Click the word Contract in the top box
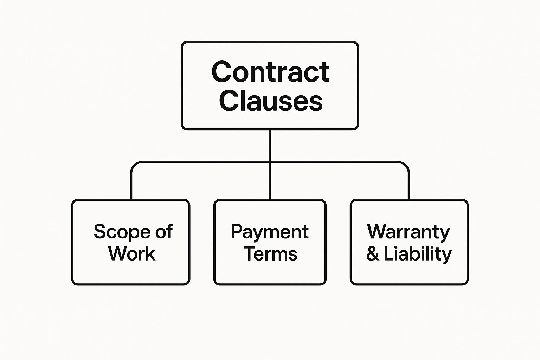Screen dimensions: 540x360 (270, 72)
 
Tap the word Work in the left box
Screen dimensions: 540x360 (132, 253)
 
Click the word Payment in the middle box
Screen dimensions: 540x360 (270, 232)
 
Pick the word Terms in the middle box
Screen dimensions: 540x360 (271, 253)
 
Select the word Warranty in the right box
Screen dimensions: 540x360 (409, 232)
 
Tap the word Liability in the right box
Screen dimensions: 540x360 (418, 255)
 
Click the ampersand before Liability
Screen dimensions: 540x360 (373, 254)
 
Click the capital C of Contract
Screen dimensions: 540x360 (221, 72)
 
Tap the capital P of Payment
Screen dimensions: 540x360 (237, 231)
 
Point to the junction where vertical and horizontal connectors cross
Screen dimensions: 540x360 (270, 162)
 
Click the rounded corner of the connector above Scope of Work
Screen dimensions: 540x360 (134, 165)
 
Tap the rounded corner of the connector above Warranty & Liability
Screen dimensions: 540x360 (406, 165)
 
